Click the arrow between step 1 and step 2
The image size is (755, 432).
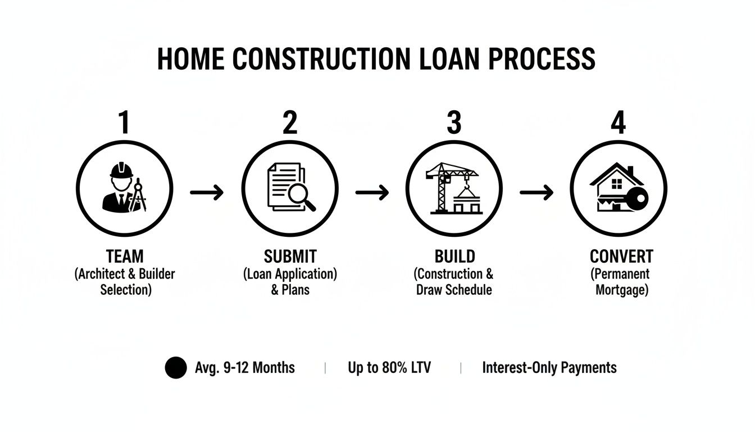pyautogui.click(x=207, y=193)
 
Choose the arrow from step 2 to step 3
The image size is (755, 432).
pyautogui.click(x=372, y=193)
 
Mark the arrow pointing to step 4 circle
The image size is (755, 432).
pyautogui.click(x=536, y=193)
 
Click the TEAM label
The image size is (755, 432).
pyautogui.click(x=125, y=256)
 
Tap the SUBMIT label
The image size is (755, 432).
pyautogui.click(x=290, y=256)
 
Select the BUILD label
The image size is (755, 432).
pyautogui.click(x=454, y=256)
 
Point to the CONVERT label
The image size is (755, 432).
pyautogui.click(x=621, y=256)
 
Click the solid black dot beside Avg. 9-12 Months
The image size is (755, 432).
pyautogui.click(x=175, y=368)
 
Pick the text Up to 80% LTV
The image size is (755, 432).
pyautogui.click(x=389, y=368)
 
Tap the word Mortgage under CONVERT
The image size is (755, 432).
pyautogui.click(x=621, y=290)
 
